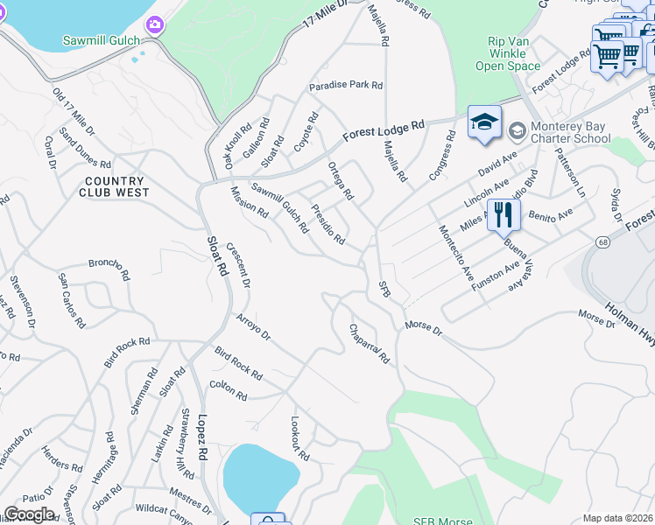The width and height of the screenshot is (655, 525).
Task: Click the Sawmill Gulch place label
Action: tap(102, 40)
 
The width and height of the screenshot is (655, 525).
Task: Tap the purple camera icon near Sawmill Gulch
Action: tap(155, 24)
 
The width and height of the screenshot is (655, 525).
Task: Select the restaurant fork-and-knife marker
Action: tap(504, 215)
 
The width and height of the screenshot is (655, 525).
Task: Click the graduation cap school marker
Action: tap(484, 123)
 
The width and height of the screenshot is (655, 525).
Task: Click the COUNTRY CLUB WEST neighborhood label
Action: tap(114, 186)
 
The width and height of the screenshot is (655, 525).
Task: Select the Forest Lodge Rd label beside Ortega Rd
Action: tap(383, 131)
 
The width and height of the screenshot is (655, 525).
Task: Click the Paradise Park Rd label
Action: tap(346, 86)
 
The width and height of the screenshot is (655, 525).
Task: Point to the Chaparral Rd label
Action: tap(369, 345)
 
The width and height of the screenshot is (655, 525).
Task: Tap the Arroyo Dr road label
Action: tap(253, 327)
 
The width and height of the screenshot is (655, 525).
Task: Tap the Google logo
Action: tap(29, 514)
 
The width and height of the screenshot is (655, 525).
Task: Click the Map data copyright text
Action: tap(618, 518)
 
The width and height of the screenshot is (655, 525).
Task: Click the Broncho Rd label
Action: tap(109, 262)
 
